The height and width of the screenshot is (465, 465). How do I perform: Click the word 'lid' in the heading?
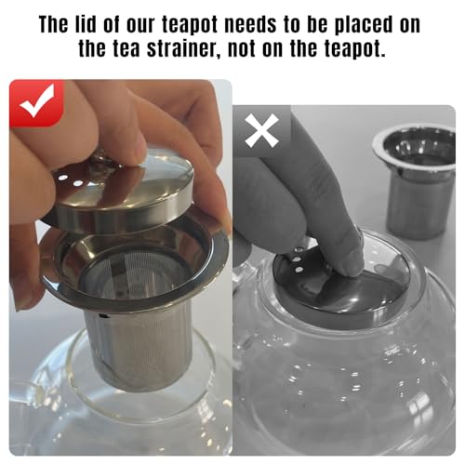102,24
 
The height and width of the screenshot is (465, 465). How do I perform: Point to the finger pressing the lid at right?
330,237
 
